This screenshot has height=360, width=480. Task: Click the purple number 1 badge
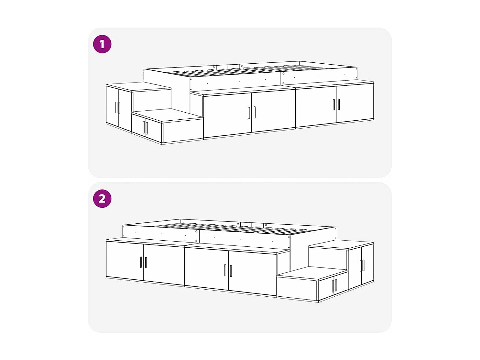102,44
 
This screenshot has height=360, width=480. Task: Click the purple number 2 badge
102,199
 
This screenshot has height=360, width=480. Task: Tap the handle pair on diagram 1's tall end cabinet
117,108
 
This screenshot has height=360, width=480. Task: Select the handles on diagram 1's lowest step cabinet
145,127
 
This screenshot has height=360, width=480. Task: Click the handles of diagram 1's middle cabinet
252,112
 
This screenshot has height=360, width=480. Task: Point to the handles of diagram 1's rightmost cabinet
336,104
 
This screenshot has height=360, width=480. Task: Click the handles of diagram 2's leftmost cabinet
143,262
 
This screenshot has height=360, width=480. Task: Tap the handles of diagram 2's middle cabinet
228,270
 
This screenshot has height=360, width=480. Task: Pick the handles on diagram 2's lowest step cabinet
334,285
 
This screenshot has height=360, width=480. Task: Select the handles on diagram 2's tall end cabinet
362,266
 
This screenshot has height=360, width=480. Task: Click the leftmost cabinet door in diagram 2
125,260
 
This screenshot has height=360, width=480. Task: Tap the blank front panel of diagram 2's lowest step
297,289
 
